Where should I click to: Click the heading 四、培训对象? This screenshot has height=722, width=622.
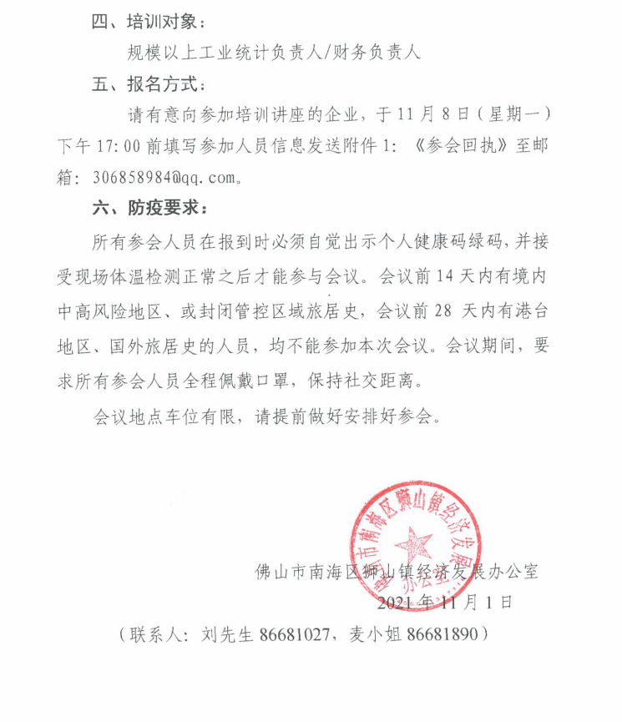pyautogui.click(x=147, y=20)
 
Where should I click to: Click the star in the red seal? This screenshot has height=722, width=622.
pyautogui.click(x=415, y=548)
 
